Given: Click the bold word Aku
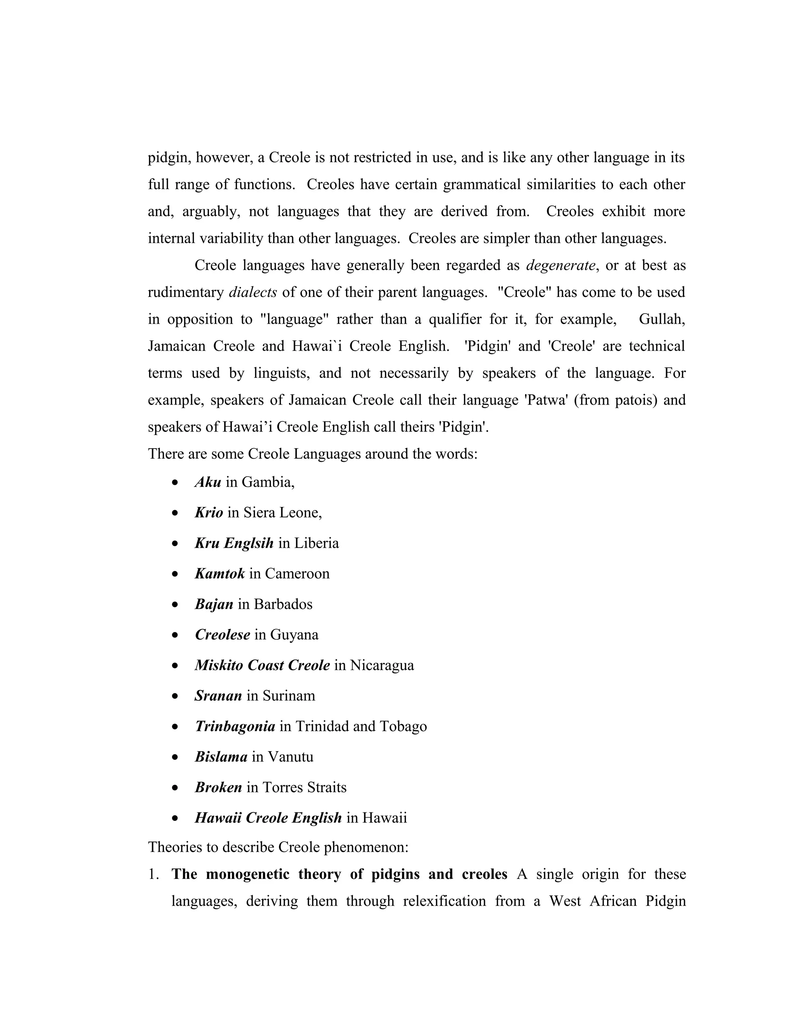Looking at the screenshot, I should [x=208, y=482].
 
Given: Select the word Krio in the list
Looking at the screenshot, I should [x=209, y=513].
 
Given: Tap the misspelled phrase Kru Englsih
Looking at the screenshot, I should [x=234, y=544].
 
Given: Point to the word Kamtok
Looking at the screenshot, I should [x=219, y=573].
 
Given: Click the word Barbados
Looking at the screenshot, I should [x=283, y=604].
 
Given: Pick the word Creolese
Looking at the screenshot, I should [x=222, y=635].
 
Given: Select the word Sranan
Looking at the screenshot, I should [x=218, y=696].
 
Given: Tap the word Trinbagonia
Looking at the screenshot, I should [x=235, y=726].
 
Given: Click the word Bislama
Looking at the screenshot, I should [x=221, y=757].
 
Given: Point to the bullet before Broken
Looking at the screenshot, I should [x=176, y=788].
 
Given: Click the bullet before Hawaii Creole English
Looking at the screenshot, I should [x=176, y=819].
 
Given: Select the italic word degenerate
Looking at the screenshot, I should [x=560, y=266].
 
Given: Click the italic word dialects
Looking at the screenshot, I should [x=253, y=293].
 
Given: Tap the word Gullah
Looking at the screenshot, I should [x=662, y=319].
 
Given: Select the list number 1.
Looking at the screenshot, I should [x=153, y=874].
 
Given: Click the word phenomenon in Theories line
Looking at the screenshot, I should [x=365, y=847].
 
